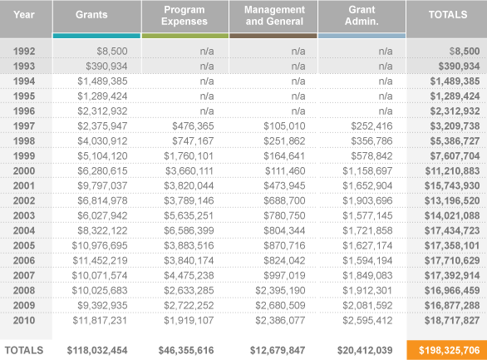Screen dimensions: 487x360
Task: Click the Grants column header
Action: (x=91, y=15)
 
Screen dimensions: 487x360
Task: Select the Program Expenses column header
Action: (x=184, y=16)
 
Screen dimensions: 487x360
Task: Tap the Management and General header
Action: (x=274, y=16)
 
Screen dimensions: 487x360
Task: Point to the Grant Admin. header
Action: (x=362, y=16)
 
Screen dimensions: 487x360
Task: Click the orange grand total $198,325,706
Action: (x=449, y=350)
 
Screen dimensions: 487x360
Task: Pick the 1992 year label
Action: (x=24, y=52)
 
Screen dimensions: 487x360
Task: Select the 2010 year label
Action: (x=24, y=320)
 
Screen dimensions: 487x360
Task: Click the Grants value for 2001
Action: (x=102, y=185)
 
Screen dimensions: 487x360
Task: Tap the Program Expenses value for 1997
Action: (x=193, y=126)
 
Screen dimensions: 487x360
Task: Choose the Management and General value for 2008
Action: (x=280, y=290)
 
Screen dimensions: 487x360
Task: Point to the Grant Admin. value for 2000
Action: (x=367, y=170)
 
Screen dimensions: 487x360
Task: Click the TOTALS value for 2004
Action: (x=452, y=231)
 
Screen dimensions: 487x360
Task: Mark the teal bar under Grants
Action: (x=96, y=36)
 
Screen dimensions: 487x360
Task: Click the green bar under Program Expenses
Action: (x=185, y=36)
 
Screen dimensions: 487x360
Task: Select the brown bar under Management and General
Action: (x=273, y=36)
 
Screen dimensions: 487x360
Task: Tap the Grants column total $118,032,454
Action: (x=97, y=350)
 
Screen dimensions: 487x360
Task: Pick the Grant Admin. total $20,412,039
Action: (x=365, y=350)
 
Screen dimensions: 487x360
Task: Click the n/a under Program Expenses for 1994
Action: (x=207, y=81)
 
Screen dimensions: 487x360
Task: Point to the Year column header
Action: (x=24, y=15)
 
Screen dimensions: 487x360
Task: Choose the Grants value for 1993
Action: (x=106, y=67)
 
